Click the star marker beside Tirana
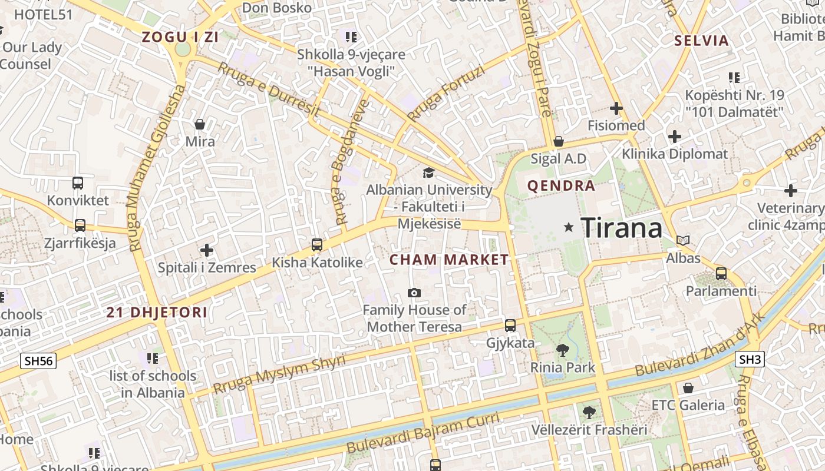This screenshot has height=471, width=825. click(x=569, y=227)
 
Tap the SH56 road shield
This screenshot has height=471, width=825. click(x=38, y=361)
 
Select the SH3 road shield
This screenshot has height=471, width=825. click(x=750, y=359)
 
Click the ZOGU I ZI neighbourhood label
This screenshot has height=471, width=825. click(x=180, y=37)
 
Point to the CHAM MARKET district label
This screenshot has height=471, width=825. click(x=449, y=260)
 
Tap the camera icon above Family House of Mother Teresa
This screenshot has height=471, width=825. click(x=414, y=293)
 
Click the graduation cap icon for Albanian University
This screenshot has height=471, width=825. click(x=428, y=173)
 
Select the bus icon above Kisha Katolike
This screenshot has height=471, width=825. click(x=317, y=245)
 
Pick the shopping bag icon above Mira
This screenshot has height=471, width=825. click(x=200, y=124)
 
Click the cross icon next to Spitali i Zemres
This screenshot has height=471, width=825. click(x=206, y=250)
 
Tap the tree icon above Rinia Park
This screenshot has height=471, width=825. click(x=563, y=350)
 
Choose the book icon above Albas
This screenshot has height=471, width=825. click(x=683, y=240)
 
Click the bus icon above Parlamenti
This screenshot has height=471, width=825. click(x=721, y=274)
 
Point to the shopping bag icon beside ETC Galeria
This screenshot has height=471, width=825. click(x=688, y=388)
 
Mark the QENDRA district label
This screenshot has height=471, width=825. click(x=561, y=186)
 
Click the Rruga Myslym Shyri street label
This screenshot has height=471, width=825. click(x=279, y=375)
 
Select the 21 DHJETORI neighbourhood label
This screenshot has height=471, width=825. click(x=157, y=313)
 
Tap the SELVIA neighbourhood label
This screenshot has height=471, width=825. click(x=701, y=41)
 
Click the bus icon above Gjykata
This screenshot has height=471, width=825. click(x=510, y=326)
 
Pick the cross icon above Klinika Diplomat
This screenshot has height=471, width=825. click(x=675, y=137)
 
